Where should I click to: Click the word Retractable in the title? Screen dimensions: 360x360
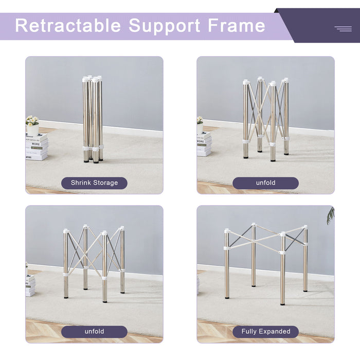[x=68, y=26]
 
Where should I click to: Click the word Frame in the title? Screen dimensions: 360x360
[x=237, y=26]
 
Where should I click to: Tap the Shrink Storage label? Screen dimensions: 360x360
[x=94, y=183]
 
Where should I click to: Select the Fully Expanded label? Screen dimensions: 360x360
[x=265, y=332]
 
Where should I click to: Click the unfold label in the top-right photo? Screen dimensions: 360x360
[x=265, y=183]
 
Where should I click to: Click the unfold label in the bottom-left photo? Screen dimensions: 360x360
[x=94, y=332]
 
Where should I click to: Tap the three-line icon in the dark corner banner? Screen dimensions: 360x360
[x=343, y=29]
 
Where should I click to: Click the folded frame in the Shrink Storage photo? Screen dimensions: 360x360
[x=93, y=118]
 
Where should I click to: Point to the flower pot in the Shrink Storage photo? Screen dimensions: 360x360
[x=32, y=127]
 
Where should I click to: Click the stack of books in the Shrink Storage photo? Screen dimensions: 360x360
[x=37, y=147]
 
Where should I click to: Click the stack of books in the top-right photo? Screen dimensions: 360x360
[x=204, y=144]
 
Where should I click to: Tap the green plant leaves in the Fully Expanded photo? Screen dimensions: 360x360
[x=330, y=215]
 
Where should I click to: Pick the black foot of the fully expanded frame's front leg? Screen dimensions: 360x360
[x=282, y=303]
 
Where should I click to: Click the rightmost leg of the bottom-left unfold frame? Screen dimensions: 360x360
[x=122, y=262]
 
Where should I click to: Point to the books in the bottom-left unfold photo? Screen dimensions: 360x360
[x=30, y=285]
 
